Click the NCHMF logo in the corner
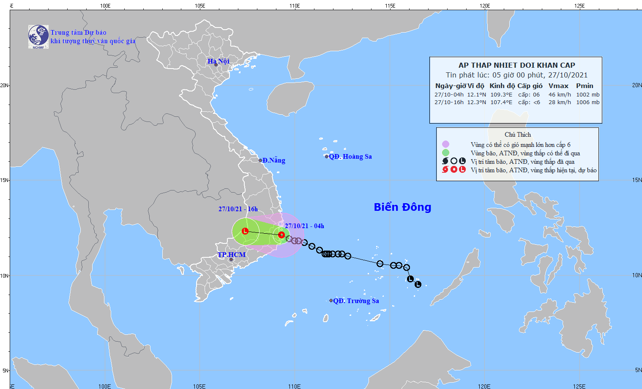pyautogui.click(x=38, y=37)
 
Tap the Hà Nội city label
pyautogui.click(x=218, y=61)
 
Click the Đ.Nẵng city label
pyautogui.click(x=273, y=160)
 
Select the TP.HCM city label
pyautogui.click(x=231, y=255)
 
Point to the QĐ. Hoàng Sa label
pyautogui.click(x=350, y=157)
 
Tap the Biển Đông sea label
pyautogui.click(x=402, y=207)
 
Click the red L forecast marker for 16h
pyautogui.click(x=245, y=231)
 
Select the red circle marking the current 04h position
pyautogui.click(x=281, y=235)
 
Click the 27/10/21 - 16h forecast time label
pyautogui.click(x=238, y=209)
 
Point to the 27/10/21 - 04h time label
pyautogui.click(x=304, y=226)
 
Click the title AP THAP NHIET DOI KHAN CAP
pyautogui.click(x=516, y=65)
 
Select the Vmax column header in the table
pyautogui.click(x=558, y=86)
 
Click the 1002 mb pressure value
pyautogui.click(x=587, y=95)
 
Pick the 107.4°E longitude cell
pyautogui.click(x=501, y=102)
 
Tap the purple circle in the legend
pyautogui.click(x=445, y=144)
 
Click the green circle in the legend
pyautogui.click(x=445, y=153)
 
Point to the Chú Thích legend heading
pyautogui.click(x=517, y=135)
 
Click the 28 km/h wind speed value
pyautogui.click(x=560, y=102)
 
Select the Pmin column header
pyautogui.click(x=585, y=86)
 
